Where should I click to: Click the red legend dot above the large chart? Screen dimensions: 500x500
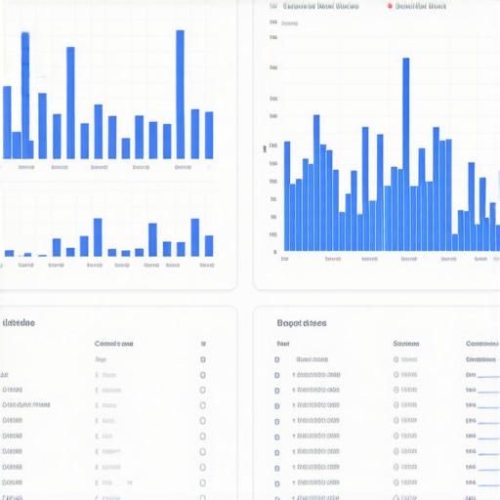pyautogui.click(x=390, y=6)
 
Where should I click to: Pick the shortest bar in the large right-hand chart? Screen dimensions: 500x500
pyautogui.click(x=454, y=242)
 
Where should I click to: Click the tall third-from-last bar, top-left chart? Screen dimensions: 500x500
pyautogui.click(x=181, y=94)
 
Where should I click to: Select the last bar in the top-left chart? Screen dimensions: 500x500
pyautogui.click(x=209, y=135)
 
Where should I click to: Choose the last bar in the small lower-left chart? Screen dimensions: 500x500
pyautogui.click(x=209, y=246)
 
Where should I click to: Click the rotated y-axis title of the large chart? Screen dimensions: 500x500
pyautogui.click(x=265, y=149)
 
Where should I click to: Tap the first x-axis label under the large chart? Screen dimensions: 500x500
pyautogui.click(x=284, y=260)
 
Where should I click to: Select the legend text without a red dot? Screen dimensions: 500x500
pyautogui.click(x=320, y=6)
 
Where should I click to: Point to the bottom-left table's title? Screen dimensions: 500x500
pyautogui.click(x=20, y=323)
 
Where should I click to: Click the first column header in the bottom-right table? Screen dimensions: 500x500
pyautogui.click(x=282, y=345)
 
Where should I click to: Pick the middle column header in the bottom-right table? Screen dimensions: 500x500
pyautogui.click(x=406, y=345)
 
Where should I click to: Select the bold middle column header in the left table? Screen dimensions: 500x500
pyautogui.click(x=113, y=344)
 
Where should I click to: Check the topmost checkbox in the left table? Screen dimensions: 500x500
pyautogui.click(x=202, y=359)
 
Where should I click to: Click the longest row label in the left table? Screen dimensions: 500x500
pyautogui.click(x=26, y=404)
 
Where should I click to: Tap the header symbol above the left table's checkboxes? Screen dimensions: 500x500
pyautogui.click(x=202, y=344)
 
